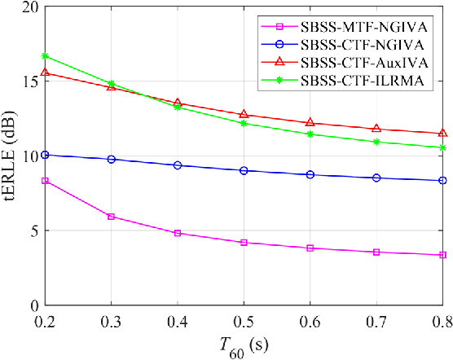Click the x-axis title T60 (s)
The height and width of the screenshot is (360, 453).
coord(244,346)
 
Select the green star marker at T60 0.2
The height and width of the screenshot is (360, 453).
coord(46,56)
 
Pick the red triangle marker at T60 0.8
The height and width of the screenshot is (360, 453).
coord(443,133)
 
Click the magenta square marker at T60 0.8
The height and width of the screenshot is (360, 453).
coord(443,255)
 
